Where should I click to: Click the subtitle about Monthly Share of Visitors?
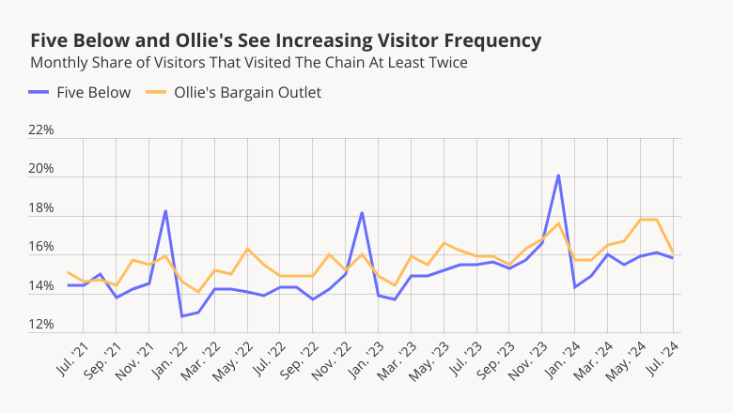249,63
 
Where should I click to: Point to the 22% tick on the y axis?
41,130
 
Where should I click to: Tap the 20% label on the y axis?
41,170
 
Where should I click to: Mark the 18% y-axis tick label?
41,208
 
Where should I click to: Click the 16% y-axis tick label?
41,248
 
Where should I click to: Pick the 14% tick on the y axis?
41,286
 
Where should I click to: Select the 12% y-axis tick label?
41,326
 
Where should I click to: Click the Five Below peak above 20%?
558,176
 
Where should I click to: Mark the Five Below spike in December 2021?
165,211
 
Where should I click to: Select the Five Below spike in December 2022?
362,213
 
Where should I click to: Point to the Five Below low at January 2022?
181,315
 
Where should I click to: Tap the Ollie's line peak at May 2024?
641,220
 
